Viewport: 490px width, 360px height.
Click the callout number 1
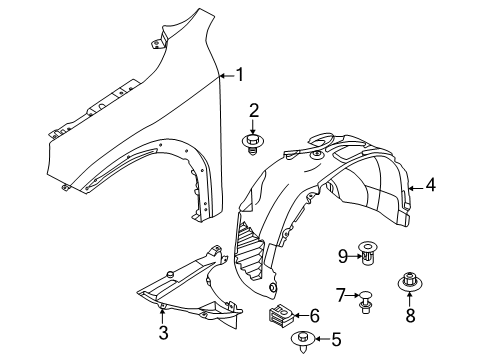239,73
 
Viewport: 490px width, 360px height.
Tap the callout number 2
254,111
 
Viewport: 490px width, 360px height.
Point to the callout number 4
430,184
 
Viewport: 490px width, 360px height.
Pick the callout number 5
308,339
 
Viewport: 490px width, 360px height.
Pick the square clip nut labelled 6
278,317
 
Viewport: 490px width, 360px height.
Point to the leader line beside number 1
226,73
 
